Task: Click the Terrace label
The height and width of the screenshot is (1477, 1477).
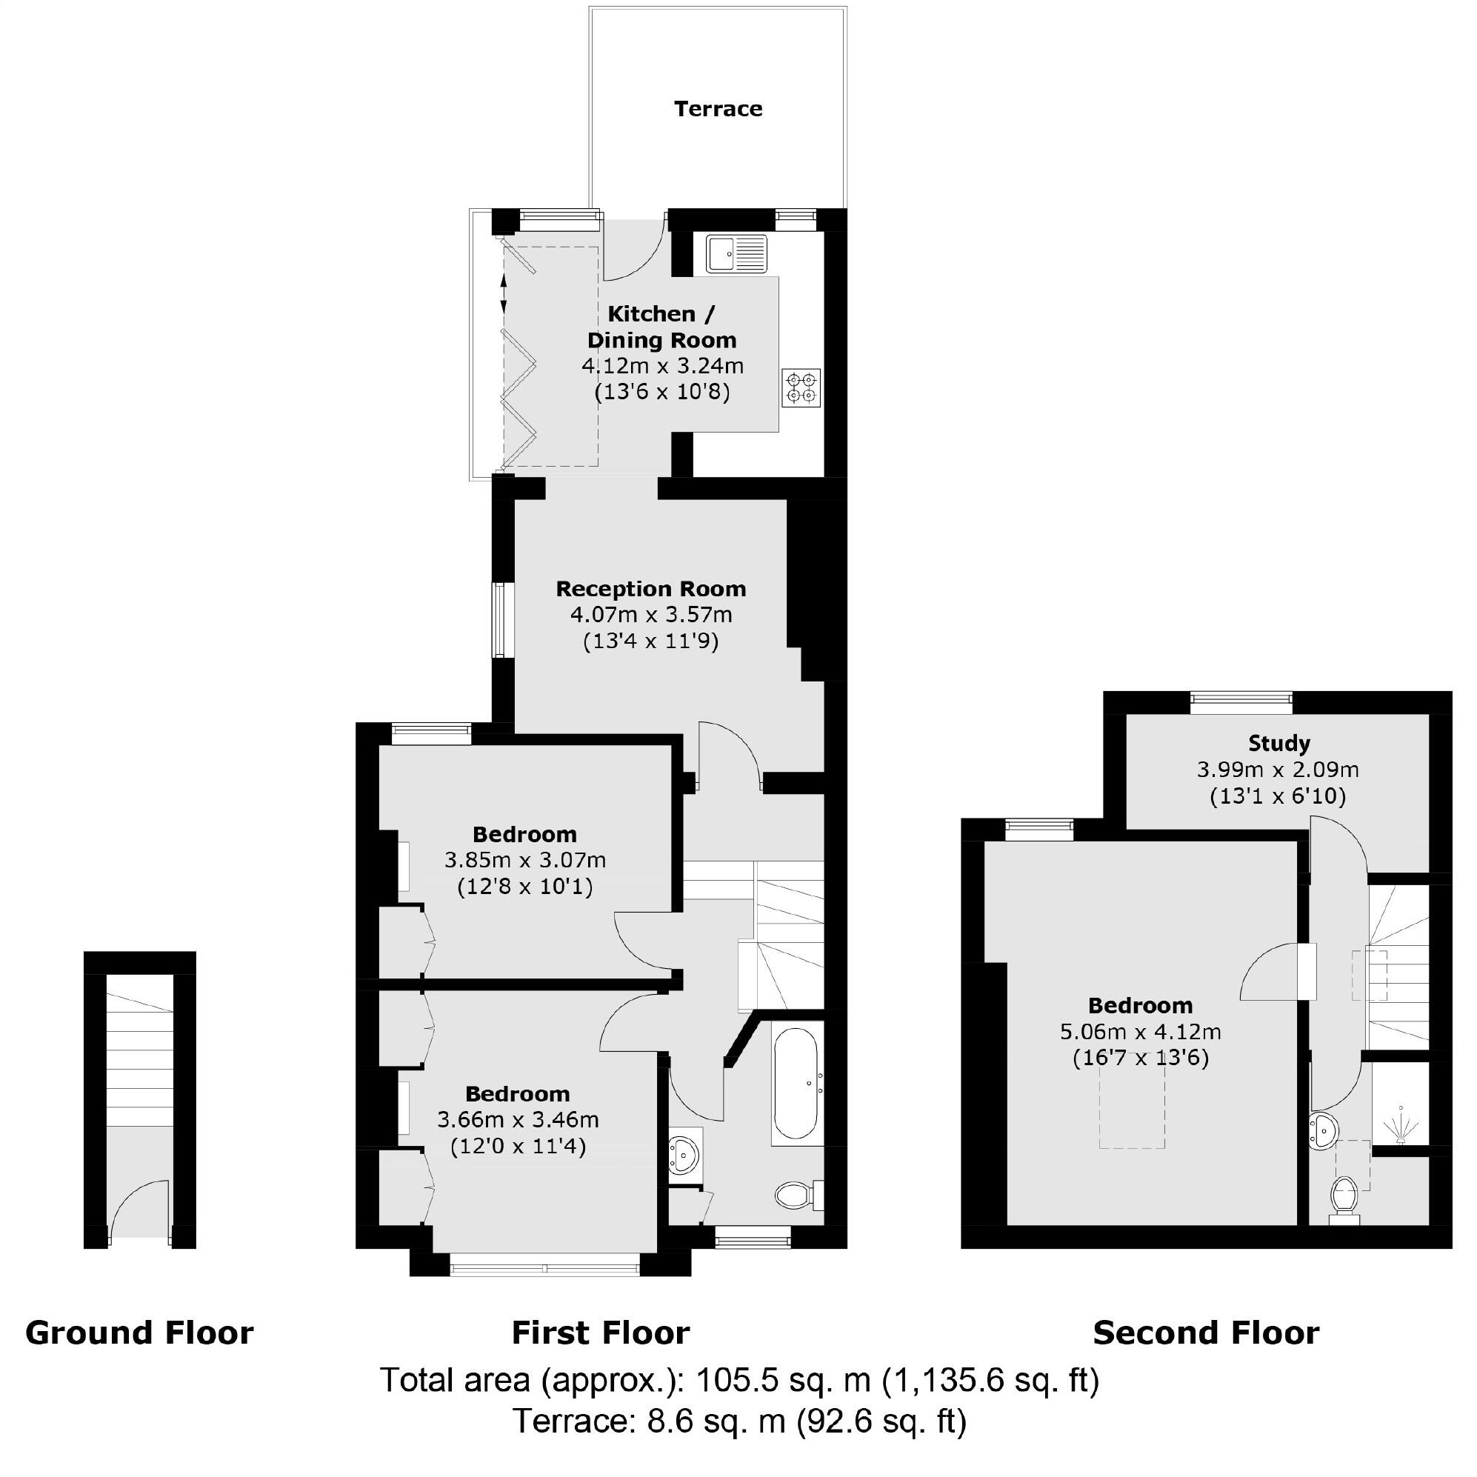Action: point(718,109)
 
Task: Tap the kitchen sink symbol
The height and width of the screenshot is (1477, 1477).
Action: point(736,254)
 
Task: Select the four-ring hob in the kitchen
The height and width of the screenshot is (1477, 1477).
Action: point(801,387)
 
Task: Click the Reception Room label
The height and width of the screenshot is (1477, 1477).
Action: point(650,589)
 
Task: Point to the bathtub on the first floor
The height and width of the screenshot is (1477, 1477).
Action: point(796,1083)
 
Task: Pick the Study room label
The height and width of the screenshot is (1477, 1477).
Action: point(1278,743)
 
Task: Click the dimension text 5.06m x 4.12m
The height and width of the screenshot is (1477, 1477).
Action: point(1140,1032)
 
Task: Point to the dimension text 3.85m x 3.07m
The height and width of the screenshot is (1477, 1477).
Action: point(525,860)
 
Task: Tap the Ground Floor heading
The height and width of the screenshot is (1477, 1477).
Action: point(139,1333)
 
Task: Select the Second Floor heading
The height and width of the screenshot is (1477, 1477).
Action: point(1206,1333)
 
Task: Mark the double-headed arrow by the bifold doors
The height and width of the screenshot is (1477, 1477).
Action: point(503,293)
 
